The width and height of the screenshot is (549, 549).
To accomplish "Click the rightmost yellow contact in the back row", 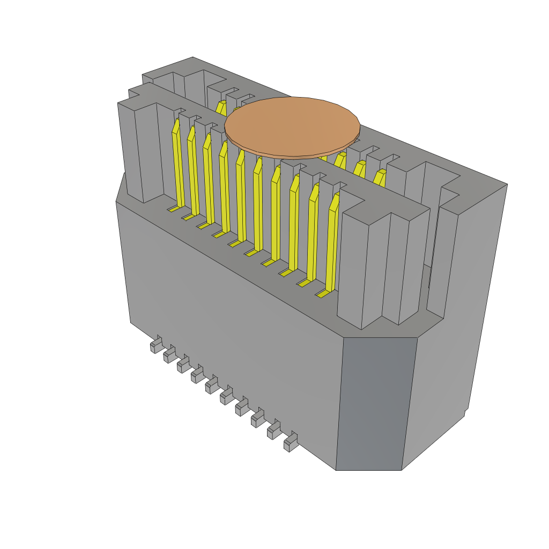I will click(380, 177).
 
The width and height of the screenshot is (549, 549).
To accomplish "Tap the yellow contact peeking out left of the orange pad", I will click(220, 107).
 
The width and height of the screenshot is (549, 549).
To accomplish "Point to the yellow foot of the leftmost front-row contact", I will click(173, 209).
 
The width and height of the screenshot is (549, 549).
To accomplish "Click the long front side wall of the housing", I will click(231, 332).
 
